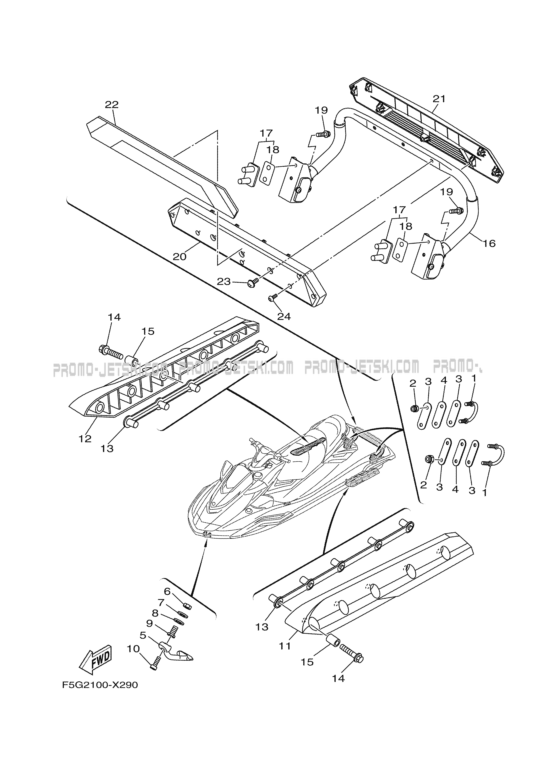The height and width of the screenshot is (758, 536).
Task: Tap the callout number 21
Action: (439, 99)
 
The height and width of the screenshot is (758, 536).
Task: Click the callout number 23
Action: (224, 282)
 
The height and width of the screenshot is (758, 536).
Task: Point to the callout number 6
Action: (167, 591)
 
